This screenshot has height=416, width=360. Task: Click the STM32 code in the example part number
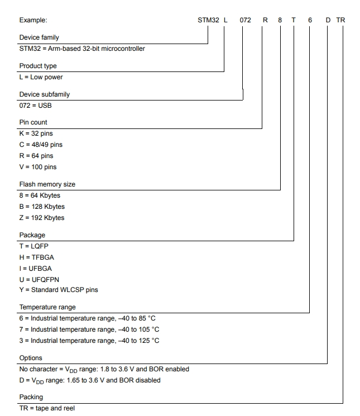[208, 20]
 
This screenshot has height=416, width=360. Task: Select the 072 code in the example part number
[246, 20]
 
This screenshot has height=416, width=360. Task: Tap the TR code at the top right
[340, 20]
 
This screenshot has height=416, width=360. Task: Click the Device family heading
[40, 37]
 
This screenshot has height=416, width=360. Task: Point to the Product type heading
[38, 66]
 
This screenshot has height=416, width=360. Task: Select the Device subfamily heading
[45, 94]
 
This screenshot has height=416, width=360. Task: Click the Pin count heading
[33, 122]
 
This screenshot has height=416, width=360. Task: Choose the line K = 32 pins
[36, 133]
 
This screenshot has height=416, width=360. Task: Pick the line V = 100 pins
[38, 167]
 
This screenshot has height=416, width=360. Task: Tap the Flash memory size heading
[47, 184]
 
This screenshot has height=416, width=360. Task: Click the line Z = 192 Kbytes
[42, 218]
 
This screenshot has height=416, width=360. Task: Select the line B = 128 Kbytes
[42, 207]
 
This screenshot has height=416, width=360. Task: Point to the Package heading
[32, 235]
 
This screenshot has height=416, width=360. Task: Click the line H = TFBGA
[37, 257]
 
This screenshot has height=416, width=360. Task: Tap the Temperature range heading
[47, 307]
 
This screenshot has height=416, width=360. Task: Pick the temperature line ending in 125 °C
[89, 341]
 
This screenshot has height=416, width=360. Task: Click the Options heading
[31, 358]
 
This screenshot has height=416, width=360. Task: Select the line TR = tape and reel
[47, 408]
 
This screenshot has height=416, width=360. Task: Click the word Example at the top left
[33, 20]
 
